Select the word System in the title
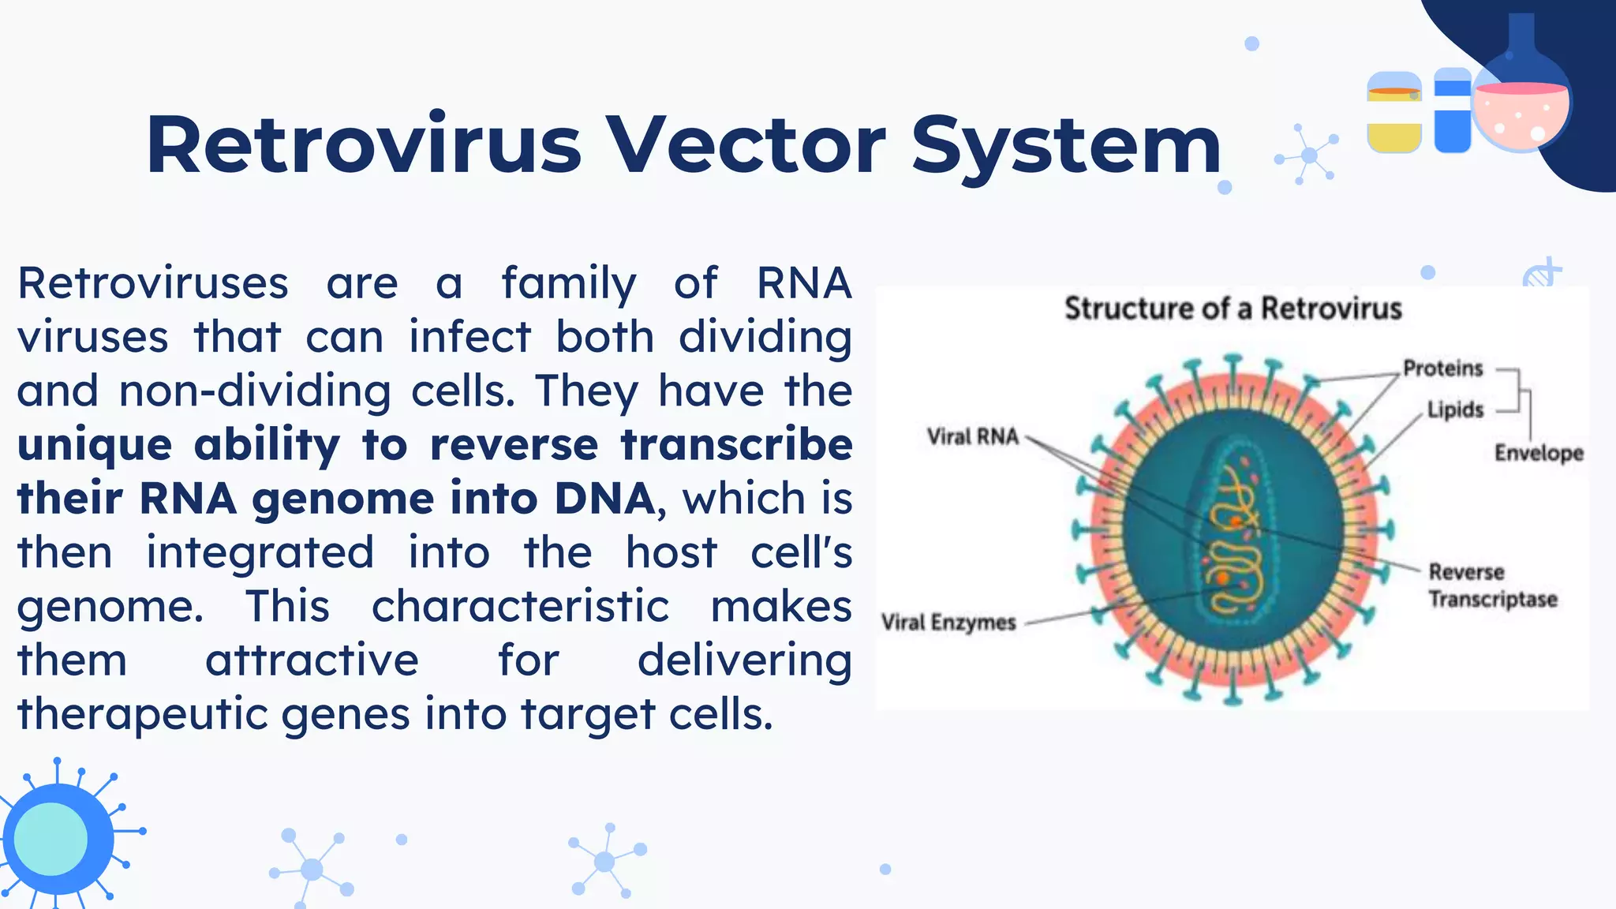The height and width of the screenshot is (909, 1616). click(1066, 146)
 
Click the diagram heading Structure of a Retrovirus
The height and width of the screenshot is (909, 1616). click(1233, 308)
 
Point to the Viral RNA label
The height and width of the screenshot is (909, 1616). click(972, 436)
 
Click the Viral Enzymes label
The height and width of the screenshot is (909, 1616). click(948, 623)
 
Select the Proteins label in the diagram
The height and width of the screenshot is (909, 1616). click(1442, 368)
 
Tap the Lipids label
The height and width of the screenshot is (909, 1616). click(1455, 410)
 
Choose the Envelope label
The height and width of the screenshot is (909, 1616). click(1538, 453)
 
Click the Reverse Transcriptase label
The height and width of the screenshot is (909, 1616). click(1491, 585)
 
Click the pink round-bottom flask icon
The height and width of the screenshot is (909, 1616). click(1521, 110)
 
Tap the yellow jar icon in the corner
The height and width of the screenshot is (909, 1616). click(1393, 112)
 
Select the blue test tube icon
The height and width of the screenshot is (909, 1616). click(1452, 110)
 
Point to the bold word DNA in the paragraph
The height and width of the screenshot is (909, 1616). click(604, 499)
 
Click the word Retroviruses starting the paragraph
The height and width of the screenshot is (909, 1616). click(153, 283)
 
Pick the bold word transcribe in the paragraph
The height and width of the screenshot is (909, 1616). click(735, 445)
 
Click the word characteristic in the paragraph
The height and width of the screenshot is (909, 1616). click(520, 607)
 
